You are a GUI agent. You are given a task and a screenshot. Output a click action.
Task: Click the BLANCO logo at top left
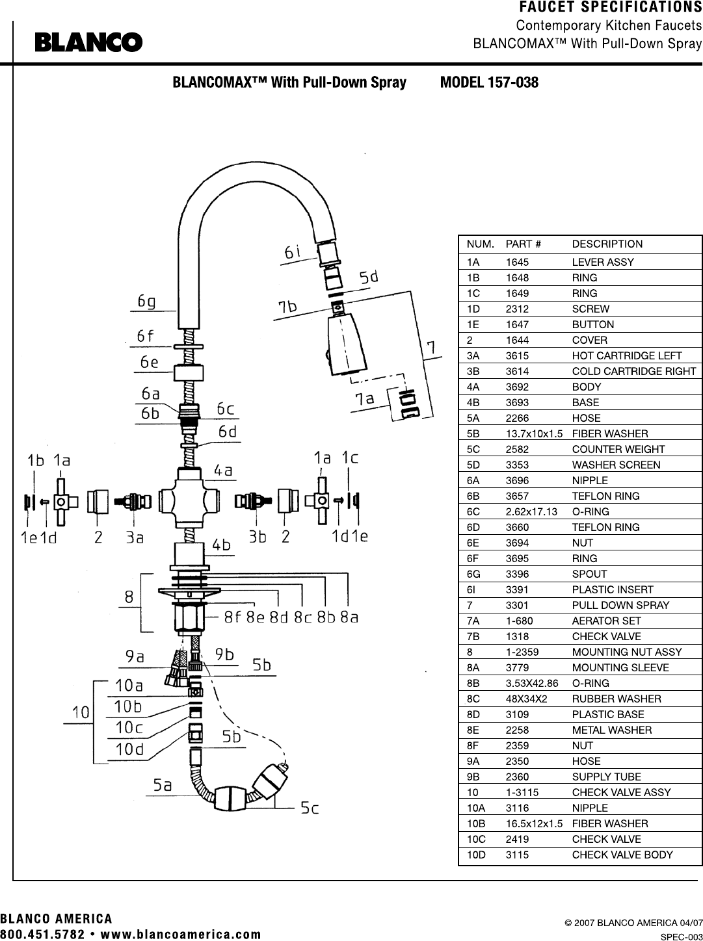coord(89,42)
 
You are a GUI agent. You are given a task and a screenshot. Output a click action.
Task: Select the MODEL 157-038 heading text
coord(489,83)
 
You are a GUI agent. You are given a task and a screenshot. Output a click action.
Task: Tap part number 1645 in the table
coord(517,262)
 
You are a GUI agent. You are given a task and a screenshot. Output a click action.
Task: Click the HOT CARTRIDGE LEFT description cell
coord(627,355)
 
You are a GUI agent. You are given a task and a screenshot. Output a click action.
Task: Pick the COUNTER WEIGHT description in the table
coord(618,449)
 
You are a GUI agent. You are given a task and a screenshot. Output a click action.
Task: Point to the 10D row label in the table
coord(476,855)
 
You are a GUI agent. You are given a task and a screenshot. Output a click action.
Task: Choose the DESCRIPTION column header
coord(607,244)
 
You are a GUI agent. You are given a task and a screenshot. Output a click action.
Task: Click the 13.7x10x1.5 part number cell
coord(534,433)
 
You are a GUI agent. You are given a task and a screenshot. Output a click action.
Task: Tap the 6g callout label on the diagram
coord(146,302)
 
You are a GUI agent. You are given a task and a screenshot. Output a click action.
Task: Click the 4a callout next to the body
coord(223,470)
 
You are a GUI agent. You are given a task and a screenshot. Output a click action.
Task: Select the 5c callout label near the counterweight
coord(310,808)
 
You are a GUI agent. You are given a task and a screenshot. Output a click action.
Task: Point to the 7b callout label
coord(287,307)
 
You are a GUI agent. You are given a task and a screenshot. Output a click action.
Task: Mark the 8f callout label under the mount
coord(233,617)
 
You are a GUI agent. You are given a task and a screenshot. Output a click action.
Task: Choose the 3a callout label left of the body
coord(134,537)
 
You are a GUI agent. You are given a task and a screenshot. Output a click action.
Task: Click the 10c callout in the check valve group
coord(129,727)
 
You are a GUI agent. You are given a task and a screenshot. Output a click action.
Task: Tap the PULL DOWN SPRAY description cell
coord(620,605)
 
